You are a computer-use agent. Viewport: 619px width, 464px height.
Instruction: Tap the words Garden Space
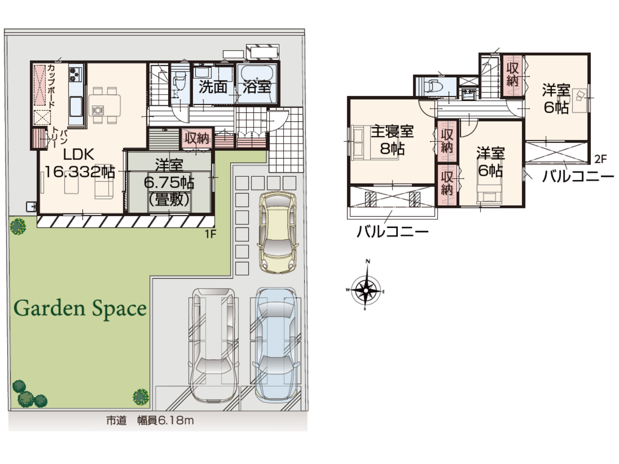80,309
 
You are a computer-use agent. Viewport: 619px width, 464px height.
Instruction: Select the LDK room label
78,155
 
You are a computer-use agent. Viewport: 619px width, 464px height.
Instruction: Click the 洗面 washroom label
213,87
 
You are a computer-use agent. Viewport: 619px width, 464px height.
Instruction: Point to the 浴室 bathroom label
257,87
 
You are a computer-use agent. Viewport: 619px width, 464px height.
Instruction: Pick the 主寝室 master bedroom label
392,131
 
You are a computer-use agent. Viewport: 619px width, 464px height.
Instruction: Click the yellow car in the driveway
277,232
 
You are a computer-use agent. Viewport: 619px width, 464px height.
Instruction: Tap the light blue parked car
276,346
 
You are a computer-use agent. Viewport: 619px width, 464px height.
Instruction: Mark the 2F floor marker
600,159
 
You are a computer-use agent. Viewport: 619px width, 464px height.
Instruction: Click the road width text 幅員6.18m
165,421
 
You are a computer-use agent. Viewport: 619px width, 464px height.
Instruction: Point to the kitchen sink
75,106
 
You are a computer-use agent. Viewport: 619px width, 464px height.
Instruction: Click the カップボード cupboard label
51,86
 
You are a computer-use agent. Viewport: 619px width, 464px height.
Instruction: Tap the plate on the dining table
97,110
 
